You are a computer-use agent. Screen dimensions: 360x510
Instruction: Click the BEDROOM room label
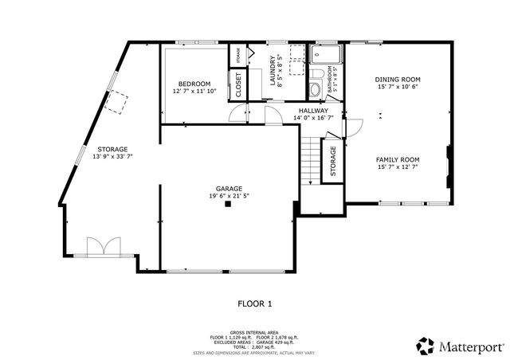coord(194,84)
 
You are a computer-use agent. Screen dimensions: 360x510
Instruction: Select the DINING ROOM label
coord(398,80)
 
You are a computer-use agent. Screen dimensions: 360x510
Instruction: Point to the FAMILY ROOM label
coord(398,159)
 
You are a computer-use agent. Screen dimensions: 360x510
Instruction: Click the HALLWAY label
coord(313,110)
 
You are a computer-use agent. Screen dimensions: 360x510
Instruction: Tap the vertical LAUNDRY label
coord(273,69)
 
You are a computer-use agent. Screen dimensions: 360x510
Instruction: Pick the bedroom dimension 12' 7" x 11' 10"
coord(194,92)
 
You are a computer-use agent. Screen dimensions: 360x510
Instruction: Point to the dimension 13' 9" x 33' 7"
coord(112,157)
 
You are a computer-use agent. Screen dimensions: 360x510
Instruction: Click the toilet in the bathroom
coord(314,88)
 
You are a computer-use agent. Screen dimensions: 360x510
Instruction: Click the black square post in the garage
coord(228,205)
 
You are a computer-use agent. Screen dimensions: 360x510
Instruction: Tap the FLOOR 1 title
coord(255,303)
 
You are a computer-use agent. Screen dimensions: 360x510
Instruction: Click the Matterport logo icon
coord(425,346)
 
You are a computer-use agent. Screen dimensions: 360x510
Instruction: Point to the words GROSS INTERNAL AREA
coord(254,332)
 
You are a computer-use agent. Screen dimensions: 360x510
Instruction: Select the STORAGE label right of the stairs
coord(333,161)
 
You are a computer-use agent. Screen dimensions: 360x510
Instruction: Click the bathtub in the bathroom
coord(327,54)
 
